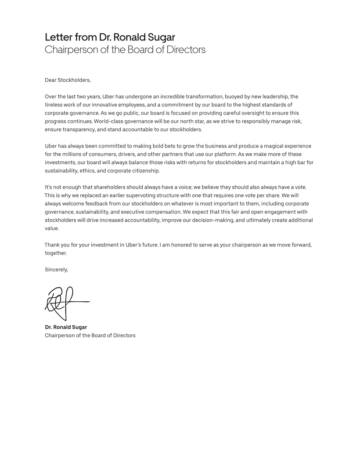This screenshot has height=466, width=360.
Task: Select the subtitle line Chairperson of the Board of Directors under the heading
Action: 125,50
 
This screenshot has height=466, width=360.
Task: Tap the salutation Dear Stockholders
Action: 68,80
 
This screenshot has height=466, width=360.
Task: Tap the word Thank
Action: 52,245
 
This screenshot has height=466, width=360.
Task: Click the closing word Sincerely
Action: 56,270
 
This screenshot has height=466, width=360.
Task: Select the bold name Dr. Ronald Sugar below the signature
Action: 66,327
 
